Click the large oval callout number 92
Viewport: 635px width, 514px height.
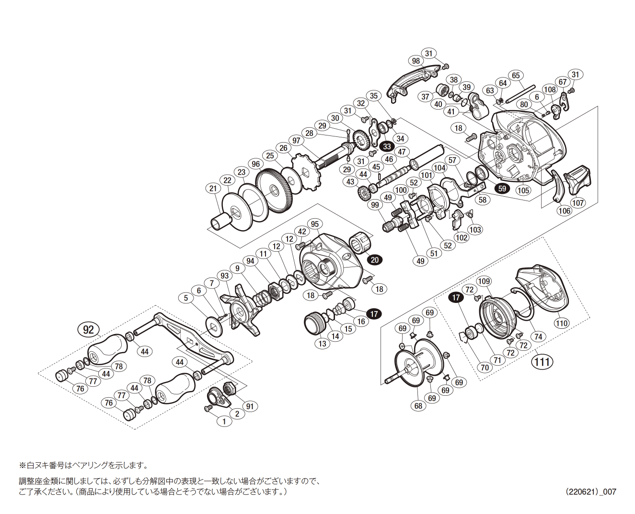[x=88, y=329]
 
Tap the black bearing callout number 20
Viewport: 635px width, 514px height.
[x=375, y=260]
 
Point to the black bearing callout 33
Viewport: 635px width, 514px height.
[x=387, y=146]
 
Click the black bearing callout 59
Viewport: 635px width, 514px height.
[x=502, y=188]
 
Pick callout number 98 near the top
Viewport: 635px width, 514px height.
[x=416, y=61]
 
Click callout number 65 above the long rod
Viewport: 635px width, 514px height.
[x=516, y=75]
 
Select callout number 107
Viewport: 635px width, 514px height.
[x=578, y=202]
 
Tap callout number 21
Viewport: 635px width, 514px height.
[x=213, y=189]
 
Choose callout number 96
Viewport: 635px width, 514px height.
[x=256, y=164]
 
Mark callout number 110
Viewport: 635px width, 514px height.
[x=562, y=323]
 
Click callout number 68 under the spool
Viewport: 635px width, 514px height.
[x=418, y=406]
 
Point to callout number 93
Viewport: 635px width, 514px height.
[x=224, y=275]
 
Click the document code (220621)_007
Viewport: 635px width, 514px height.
[x=590, y=492]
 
